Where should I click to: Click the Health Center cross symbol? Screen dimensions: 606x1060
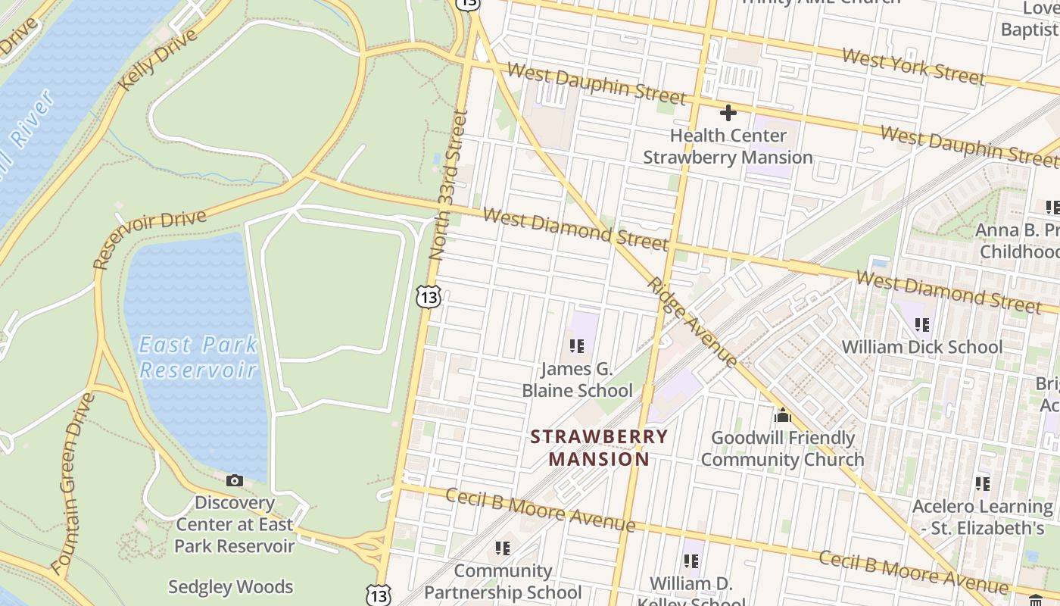click(x=728, y=113)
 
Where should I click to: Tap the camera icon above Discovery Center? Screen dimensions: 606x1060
click(x=235, y=480)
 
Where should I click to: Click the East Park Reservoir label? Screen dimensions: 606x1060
click(x=198, y=358)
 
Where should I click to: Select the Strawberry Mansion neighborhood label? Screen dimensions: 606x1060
click(x=599, y=448)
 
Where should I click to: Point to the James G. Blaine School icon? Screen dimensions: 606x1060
click(x=577, y=346)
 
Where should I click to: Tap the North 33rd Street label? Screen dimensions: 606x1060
click(x=448, y=186)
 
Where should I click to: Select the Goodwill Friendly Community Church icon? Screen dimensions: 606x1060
click(x=782, y=415)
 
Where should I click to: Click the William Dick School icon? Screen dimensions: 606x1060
click(x=921, y=325)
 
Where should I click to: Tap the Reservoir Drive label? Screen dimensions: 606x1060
click(x=149, y=239)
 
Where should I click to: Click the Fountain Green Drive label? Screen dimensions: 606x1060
click(x=73, y=483)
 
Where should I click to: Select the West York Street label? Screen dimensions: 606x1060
click(x=913, y=66)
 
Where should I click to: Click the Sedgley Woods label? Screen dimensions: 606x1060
click(x=230, y=587)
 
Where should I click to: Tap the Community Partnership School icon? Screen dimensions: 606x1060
click(x=502, y=548)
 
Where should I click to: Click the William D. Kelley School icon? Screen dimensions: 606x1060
click(x=691, y=561)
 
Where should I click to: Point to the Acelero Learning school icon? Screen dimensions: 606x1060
click(x=982, y=483)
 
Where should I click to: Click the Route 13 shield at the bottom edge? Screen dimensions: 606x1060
click(x=379, y=595)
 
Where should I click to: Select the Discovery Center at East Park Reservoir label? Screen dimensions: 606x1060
click(x=235, y=524)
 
